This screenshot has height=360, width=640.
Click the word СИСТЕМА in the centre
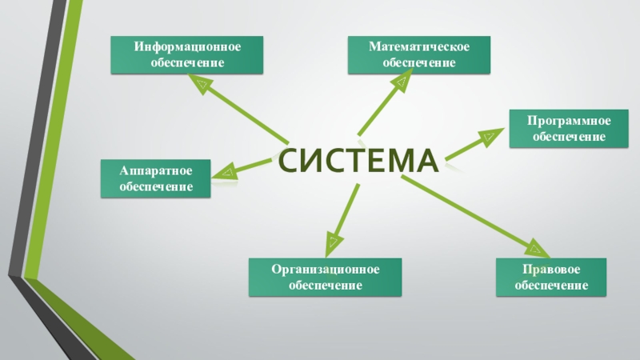[359, 161]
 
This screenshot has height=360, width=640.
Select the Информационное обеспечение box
[188, 55]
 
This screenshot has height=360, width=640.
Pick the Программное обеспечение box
[569, 129]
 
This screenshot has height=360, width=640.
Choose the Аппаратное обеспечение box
[154, 178]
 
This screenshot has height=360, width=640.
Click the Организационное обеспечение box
[324, 277]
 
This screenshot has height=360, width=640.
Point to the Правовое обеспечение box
[552, 277]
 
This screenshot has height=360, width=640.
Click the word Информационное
[188, 47]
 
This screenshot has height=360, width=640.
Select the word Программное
[569, 121]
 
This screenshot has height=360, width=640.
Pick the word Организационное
[324, 269]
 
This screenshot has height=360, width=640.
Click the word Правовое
[552, 269]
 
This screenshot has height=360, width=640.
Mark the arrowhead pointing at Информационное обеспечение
[201, 82]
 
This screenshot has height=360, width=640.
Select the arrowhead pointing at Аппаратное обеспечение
[226, 170]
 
